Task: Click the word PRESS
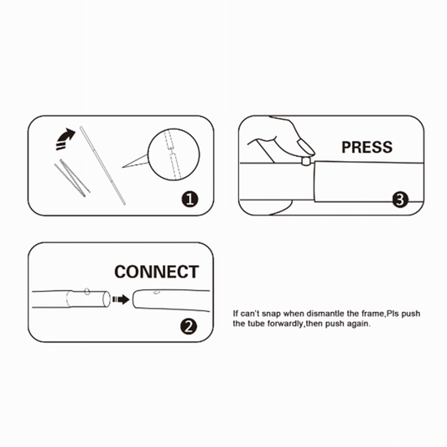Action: tap(366, 147)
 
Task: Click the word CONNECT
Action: tap(157, 272)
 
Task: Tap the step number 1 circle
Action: tap(190, 199)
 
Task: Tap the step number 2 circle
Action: tap(189, 327)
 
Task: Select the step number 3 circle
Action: tap(400, 200)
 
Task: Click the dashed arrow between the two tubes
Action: tap(121, 299)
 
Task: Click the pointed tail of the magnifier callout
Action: tap(122, 168)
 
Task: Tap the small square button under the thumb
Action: tap(305, 161)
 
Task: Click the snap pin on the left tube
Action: tap(87, 291)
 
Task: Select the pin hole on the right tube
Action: tap(156, 292)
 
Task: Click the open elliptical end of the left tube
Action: tap(107, 299)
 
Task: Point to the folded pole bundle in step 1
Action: tap(72, 178)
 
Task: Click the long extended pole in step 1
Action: tap(102, 165)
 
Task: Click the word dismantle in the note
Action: tap(325, 314)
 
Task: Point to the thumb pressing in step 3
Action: tap(305, 146)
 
